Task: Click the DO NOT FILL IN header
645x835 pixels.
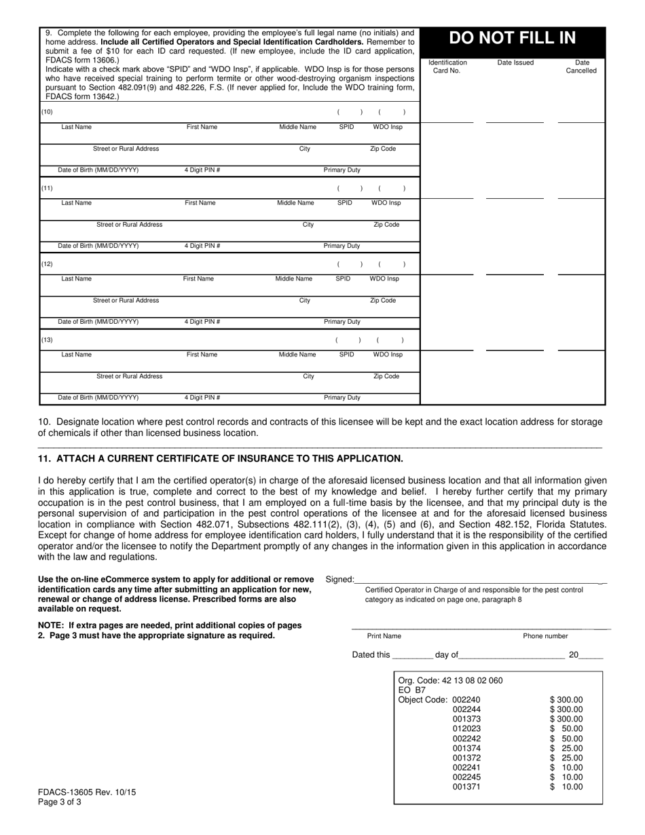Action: (513, 39)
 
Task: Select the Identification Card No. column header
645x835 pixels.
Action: (447, 67)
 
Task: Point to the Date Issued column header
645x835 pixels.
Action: (515, 63)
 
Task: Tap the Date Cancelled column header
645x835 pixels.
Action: (582, 67)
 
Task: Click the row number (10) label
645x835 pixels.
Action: (47, 112)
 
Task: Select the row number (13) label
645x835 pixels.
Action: (47, 340)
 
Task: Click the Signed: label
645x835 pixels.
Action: (339, 579)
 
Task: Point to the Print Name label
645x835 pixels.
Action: (384, 636)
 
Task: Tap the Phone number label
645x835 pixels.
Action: (545, 636)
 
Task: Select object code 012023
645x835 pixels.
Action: (466, 728)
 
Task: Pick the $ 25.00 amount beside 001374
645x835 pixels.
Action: (566, 748)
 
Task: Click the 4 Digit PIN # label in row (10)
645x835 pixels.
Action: (202, 170)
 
